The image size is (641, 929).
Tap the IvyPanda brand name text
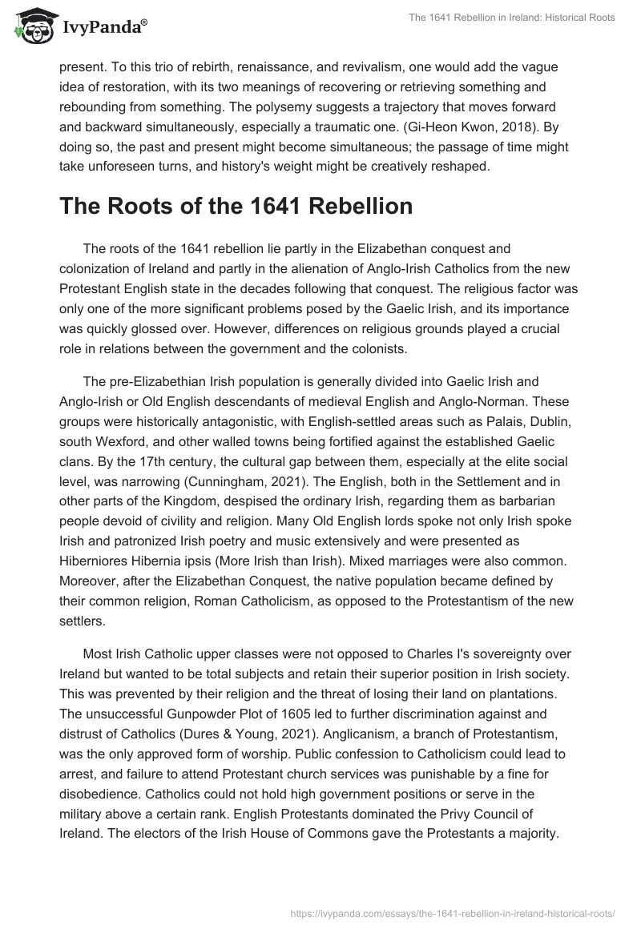[x=103, y=30]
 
